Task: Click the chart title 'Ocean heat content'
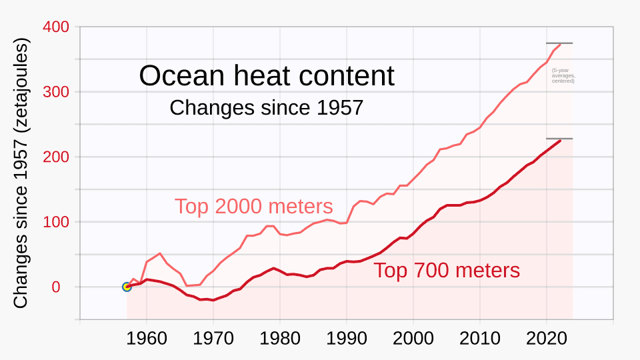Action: (267, 76)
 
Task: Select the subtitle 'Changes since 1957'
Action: (266, 107)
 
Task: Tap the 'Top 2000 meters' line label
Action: (253, 206)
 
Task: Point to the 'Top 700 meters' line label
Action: (446, 270)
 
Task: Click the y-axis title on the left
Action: (21, 173)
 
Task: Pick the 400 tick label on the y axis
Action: (55, 27)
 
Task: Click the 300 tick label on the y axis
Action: (55, 92)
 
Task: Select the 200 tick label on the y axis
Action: (55, 157)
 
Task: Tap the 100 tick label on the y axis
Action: (55, 222)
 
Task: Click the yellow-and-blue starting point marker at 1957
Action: (127, 287)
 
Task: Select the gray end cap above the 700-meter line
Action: (559, 139)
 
